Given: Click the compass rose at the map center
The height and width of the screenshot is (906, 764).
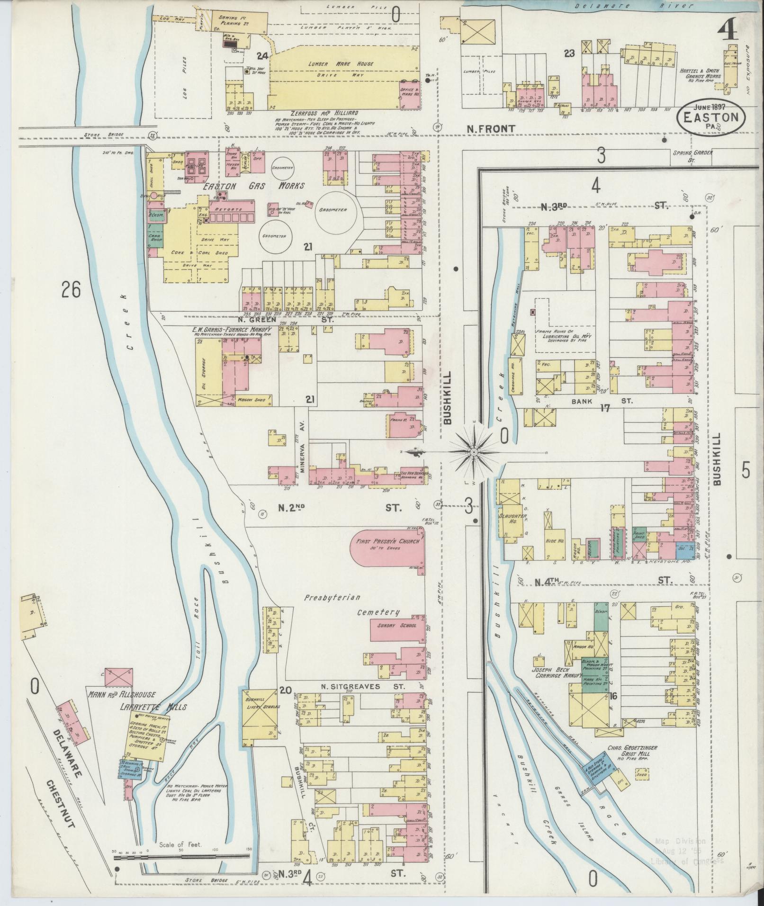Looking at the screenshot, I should pos(473,453).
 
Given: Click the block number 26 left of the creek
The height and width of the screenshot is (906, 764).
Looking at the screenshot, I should pos(71,288).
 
